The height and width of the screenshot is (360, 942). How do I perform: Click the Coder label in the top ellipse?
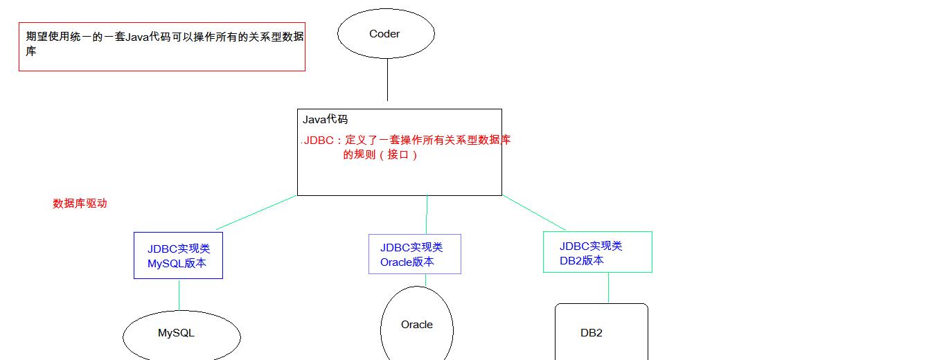(384, 34)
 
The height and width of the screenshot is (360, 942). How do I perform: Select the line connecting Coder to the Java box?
(387, 80)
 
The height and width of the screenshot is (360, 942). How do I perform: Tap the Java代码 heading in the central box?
(325, 120)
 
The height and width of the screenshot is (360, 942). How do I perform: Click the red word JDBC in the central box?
(319, 140)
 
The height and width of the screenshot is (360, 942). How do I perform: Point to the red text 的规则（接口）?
(380, 155)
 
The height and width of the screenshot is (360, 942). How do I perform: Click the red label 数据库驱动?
(80, 204)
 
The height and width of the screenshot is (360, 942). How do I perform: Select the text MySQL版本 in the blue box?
(177, 263)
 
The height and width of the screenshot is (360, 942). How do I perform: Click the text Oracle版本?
(407, 262)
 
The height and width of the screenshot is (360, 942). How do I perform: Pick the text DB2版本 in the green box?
(582, 261)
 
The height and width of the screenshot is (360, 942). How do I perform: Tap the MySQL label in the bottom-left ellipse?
(176, 333)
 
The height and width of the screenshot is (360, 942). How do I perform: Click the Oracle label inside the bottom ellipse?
(417, 325)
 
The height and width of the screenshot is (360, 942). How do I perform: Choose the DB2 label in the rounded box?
(592, 333)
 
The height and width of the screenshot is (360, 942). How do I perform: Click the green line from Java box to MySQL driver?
(256, 213)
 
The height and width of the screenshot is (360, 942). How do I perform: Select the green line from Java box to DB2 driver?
(534, 213)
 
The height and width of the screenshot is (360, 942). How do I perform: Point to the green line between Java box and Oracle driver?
(427, 215)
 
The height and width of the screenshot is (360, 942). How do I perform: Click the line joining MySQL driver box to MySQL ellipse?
(179, 295)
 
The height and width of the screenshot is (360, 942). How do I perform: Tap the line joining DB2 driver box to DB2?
(609, 288)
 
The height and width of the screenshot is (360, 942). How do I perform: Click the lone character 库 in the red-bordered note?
(31, 51)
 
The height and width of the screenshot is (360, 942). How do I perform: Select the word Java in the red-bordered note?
(137, 37)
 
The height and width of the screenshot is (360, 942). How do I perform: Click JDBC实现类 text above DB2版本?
(591, 246)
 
